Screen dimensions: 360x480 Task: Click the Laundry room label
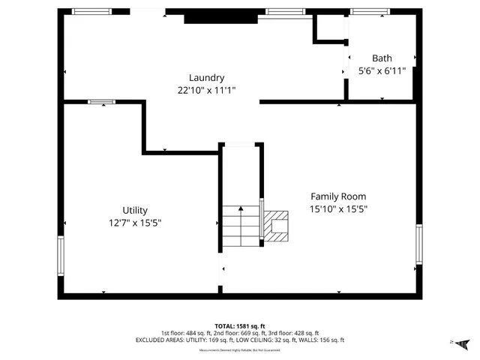point(206,77)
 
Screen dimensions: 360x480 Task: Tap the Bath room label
point(382,58)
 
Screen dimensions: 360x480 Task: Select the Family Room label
point(338,196)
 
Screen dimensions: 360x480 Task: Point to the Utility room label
point(135,210)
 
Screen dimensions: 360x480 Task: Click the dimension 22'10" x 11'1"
point(206,90)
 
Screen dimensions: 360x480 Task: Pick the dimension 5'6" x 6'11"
point(382,71)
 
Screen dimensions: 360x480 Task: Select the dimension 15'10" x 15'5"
point(338,210)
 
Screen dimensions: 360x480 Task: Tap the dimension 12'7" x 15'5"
point(135,223)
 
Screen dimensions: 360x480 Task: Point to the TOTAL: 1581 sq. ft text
point(239,325)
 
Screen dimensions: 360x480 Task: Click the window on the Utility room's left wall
point(61,256)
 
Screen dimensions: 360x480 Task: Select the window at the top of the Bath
point(370,11)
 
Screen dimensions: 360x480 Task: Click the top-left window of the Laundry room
point(91,11)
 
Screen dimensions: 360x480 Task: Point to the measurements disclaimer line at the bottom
point(239,350)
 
